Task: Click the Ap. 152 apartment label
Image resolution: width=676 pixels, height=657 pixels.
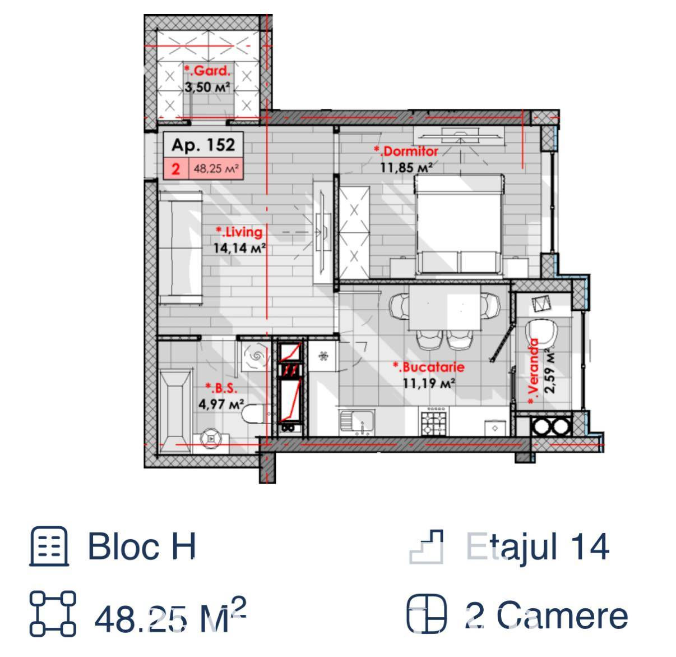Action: [203, 145]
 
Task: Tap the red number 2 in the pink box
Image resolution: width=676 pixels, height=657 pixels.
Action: [176, 169]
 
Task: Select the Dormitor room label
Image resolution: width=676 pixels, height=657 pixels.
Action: [406, 151]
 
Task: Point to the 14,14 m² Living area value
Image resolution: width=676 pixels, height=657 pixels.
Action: [240, 248]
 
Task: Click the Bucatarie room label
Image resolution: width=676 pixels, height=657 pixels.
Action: [429, 367]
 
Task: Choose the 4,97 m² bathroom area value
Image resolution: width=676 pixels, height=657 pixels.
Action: [221, 404]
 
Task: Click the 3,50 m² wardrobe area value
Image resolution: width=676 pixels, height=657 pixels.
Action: [207, 87]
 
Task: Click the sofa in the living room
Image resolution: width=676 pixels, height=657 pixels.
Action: [180, 248]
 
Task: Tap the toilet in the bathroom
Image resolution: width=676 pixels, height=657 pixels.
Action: [256, 414]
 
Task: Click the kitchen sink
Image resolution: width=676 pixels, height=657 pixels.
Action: [356, 421]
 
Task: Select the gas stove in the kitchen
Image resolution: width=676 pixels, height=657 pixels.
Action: [433, 421]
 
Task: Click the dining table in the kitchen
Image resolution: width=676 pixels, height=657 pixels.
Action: [445, 307]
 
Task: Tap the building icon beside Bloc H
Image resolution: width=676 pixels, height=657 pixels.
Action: [49, 546]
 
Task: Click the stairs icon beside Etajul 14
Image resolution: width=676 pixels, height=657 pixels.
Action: [426, 546]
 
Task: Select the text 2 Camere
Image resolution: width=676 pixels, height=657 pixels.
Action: [547, 616]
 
